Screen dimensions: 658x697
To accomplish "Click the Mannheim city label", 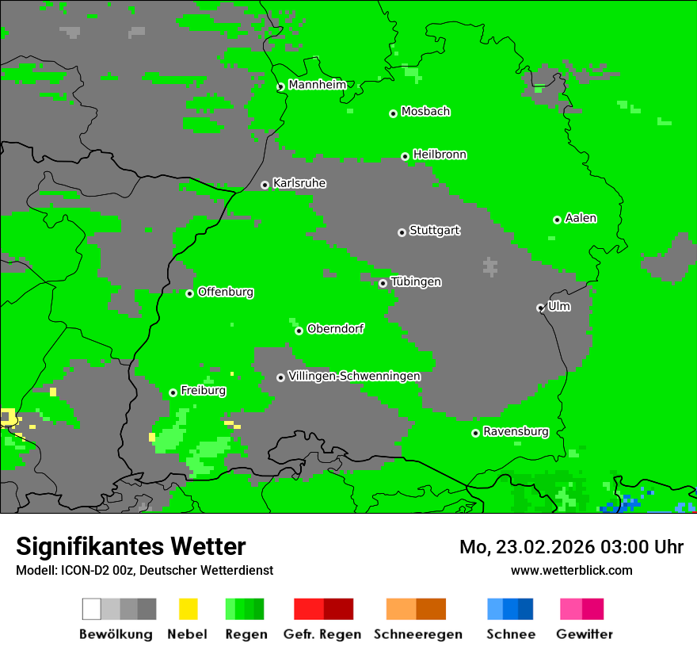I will pyautogui.click(x=317, y=85).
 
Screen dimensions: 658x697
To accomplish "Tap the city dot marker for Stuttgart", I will pyautogui.click(x=402, y=232).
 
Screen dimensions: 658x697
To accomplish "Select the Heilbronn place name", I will pyautogui.click(x=440, y=155).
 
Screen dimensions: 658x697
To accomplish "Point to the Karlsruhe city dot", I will pyautogui.click(x=265, y=185).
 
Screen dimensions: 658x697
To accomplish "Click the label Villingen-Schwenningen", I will pyautogui.click(x=354, y=376).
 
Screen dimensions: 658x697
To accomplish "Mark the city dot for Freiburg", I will pyautogui.click(x=173, y=392).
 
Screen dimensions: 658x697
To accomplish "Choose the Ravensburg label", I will pyautogui.click(x=516, y=431).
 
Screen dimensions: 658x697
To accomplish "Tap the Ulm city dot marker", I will pyautogui.click(x=540, y=308).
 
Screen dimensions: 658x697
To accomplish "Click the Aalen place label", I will pyautogui.click(x=581, y=218).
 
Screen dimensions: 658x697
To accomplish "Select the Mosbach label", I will pyautogui.click(x=425, y=112).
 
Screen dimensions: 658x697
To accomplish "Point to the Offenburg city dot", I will pyautogui.click(x=189, y=293).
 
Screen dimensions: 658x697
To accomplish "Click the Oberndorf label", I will pyautogui.click(x=335, y=329).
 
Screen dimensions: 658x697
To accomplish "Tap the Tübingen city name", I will pyautogui.click(x=416, y=281).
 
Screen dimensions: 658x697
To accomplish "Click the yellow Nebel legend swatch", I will pyautogui.click(x=188, y=609).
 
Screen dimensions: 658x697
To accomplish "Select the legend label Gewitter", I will pyautogui.click(x=584, y=634).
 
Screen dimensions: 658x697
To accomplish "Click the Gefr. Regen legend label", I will pyautogui.click(x=322, y=634).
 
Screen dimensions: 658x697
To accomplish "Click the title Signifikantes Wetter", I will pyautogui.click(x=131, y=546).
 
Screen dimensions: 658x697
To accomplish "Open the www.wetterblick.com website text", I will pyautogui.click(x=571, y=570).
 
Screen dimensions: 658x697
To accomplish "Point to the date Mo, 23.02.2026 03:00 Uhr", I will pyautogui.click(x=571, y=547).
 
